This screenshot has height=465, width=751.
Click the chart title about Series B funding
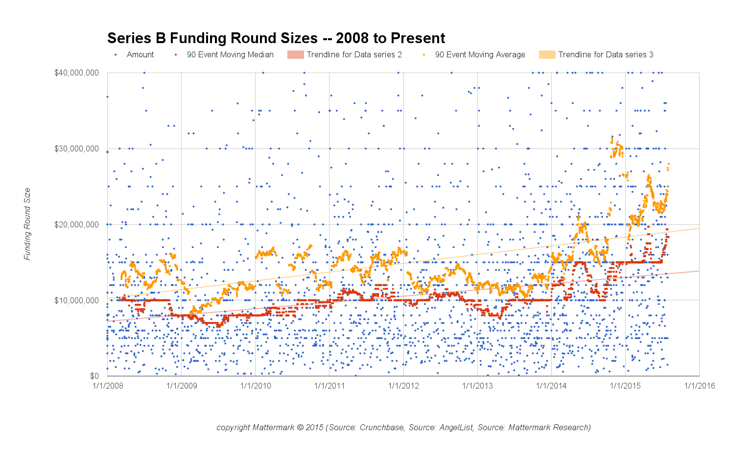click(x=276, y=38)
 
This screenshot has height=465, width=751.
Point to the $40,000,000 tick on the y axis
click(x=76, y=73)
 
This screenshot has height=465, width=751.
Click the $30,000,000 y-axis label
click(x=76, y=148)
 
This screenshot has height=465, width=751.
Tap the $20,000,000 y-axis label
click(x=76, y=224)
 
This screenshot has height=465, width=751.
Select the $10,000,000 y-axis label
click(x=76, y=300)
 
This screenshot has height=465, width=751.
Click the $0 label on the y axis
click(x=94, y=376)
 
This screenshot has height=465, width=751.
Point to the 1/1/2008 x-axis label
click(x=108, y=386)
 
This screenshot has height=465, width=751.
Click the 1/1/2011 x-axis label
click(x=329, y=386)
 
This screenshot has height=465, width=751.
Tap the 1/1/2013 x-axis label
click(x=477, y=386)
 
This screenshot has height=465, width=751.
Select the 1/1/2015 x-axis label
click(x=625, y=386)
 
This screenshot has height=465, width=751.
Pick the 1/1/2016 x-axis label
click(x=700, y=386)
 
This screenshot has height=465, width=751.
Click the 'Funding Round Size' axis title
click(x=27, y=224)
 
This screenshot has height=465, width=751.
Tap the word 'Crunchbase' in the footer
click(x=382, y=427)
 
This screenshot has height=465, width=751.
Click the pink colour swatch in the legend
click(x=295, y=55)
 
